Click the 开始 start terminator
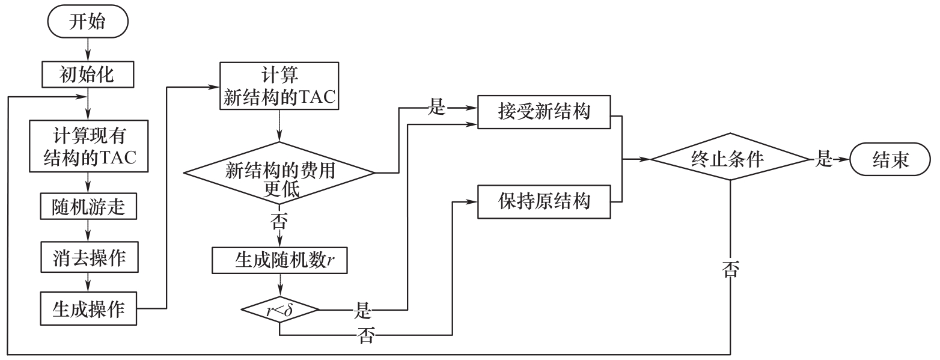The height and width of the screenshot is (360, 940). point(88,23)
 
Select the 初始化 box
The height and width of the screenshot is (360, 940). point(88,74)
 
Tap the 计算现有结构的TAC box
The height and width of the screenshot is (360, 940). point(88,145)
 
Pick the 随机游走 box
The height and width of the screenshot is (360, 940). point(88,206)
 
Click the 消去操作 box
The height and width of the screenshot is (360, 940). point(88,257)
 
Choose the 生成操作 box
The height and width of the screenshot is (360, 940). point(88,308)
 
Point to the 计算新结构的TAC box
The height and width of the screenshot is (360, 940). point(278,87)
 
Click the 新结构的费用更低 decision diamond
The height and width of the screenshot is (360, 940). point(279,172)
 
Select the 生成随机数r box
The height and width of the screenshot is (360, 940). point(279,260)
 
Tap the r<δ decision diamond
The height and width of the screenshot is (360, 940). point(279,310)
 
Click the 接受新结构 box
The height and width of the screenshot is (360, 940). point(544,112)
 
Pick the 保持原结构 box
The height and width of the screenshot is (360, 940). point(544,201)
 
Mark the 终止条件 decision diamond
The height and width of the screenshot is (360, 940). point(730,159)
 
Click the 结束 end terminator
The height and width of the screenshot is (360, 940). point(891,159)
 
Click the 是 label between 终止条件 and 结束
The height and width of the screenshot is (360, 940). point(823,159)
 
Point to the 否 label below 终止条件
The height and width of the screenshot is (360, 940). point(730,269)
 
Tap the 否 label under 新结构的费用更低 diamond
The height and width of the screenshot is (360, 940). point(279,222)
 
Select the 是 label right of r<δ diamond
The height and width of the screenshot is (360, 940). point(362,311)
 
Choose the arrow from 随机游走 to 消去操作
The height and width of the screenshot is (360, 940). point(88,231)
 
